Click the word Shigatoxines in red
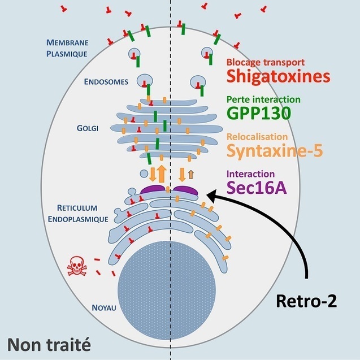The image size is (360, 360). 277,76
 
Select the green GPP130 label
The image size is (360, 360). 259,113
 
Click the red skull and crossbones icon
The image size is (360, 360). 77,266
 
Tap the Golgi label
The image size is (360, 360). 88,128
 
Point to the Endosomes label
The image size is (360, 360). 106,81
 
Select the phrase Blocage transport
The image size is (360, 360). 266,62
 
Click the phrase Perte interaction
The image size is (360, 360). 263,99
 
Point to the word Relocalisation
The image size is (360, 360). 257,137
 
